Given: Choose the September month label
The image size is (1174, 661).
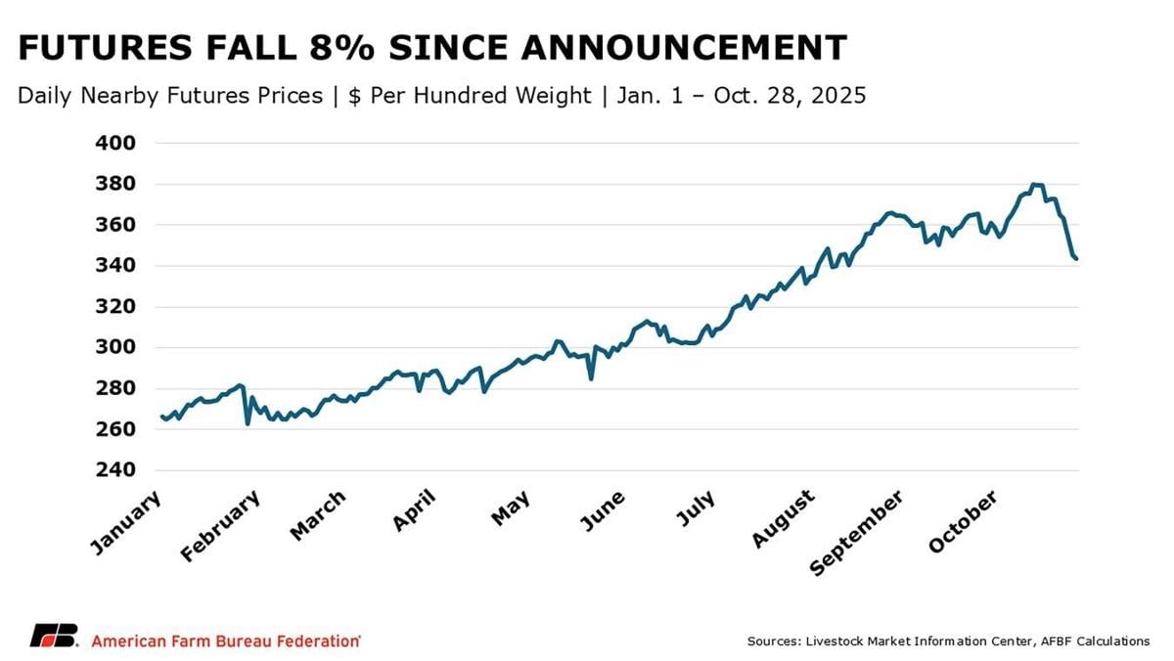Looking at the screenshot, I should coord(857,533).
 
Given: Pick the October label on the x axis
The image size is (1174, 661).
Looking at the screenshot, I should coord(965,523).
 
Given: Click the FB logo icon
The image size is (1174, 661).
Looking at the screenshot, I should coord(53,636).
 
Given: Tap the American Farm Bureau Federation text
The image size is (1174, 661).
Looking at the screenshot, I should coord(225,640).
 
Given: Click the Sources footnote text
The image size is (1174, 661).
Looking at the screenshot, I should coord(948,641).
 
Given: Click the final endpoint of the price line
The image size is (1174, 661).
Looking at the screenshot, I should coord(1076,258).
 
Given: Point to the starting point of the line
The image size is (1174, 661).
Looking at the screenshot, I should coord(160,417).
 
